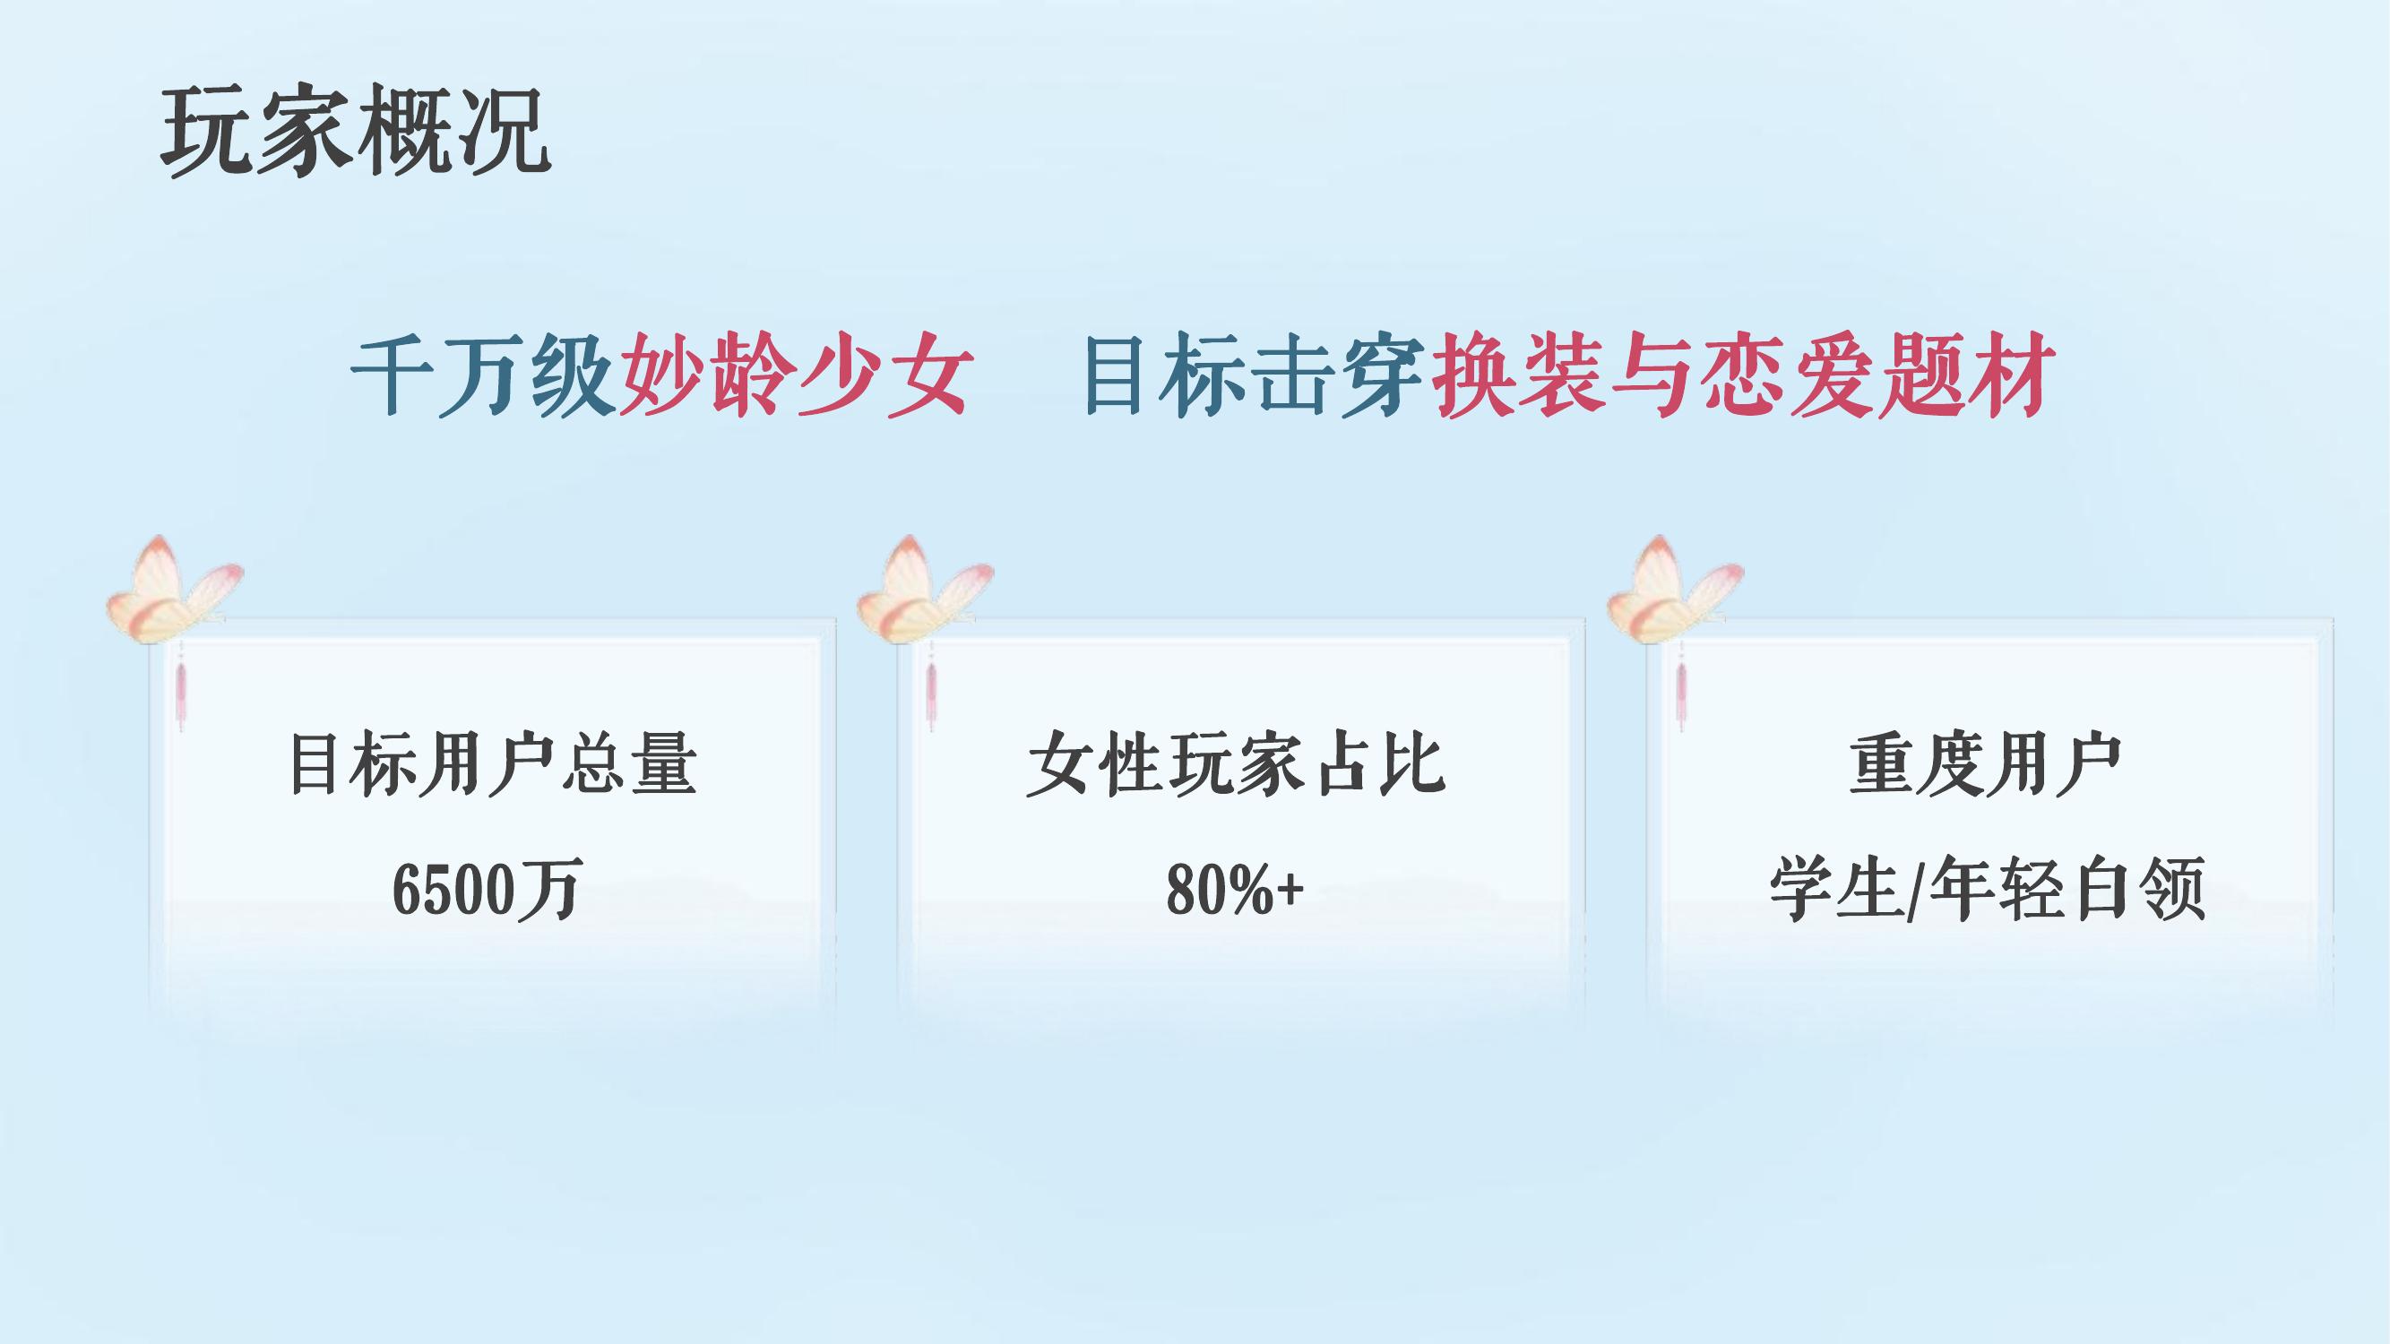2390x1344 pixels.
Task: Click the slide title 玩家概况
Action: coord(357,131)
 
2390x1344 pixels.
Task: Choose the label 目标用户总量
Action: coord(493,765)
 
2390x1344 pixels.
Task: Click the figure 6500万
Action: coord(488,888)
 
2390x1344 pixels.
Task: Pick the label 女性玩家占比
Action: coord(1236,765)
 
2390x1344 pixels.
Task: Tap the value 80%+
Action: coord(1235,888)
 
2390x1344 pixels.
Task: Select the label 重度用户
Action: coord(1986,765)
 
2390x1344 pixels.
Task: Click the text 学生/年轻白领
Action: coord(1987,889)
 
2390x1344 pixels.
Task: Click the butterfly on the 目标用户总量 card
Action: coord(174,590)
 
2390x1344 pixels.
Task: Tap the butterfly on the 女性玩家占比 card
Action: coord(924,590)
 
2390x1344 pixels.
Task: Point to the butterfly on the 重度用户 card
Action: coord(1674,590)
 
